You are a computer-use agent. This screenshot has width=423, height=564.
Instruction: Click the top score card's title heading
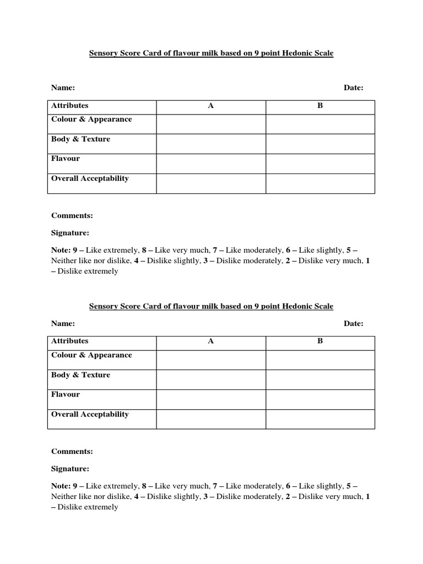tap(211, 53)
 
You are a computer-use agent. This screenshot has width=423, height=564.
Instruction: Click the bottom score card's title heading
tap(211, 306)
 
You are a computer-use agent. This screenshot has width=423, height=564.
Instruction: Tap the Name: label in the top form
tap(63, 88)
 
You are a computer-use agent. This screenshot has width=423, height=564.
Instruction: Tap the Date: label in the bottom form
tap(354, 324)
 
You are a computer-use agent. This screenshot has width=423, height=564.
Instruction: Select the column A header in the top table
tap(210, 106)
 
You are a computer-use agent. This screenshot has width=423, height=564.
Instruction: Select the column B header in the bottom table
tap(320, 341)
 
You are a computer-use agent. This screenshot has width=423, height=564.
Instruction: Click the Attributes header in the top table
tap(70, 106)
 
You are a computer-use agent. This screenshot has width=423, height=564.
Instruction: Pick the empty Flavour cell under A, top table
tap(211, 164)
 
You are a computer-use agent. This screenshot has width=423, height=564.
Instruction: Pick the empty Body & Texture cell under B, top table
tap(320, 144)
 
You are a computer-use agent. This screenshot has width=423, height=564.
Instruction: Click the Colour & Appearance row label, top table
tap(91, 120)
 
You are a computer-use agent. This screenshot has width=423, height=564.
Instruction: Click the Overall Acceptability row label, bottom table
tap(90, 414)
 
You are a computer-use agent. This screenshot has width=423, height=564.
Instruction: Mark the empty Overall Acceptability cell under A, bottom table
tap(211, 419)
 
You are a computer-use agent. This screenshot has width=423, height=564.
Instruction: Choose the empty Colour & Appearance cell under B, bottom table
tap(320, 360)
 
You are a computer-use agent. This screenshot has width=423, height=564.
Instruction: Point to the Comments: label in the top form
tap(72, 215)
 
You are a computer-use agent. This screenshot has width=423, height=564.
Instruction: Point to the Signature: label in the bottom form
tap(70, 469)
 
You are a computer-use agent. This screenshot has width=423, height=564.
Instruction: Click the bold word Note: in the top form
tap(61, 250)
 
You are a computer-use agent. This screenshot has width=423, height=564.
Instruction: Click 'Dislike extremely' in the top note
tap(88, 272)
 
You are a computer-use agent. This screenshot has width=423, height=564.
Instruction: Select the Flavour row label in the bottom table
tap(66, 394)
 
